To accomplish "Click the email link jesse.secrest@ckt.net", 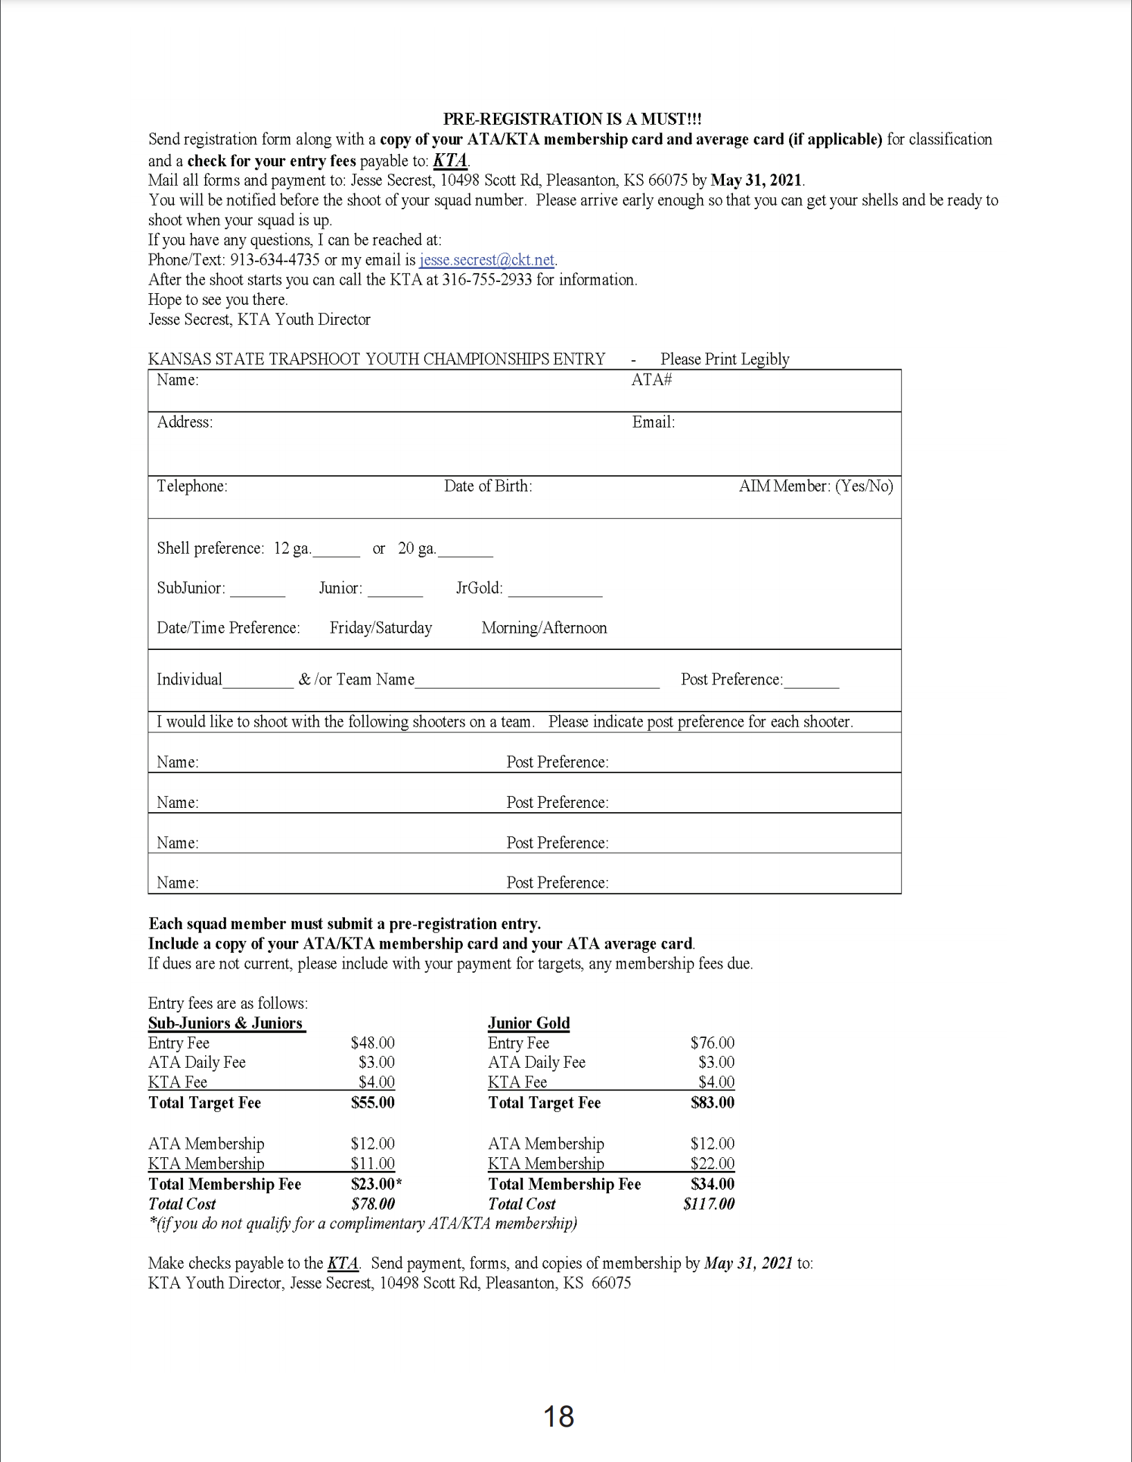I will click(486, 260).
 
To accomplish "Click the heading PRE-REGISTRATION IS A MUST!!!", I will click(572, 119).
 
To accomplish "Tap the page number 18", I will click(558, 1416).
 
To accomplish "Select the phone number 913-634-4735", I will click(275, 260).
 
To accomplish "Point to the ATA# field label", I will click(651, 380).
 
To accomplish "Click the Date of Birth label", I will click(488, 486).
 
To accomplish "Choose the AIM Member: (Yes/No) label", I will click(815, 486).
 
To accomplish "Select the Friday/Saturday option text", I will click(380, 628).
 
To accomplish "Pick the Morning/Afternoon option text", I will click(544, 628).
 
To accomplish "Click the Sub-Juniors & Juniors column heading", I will click(226, 1023).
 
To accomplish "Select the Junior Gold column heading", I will click(529, 1023).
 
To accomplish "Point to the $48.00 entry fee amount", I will click(373, 1043).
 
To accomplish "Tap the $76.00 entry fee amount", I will click(712, 1043).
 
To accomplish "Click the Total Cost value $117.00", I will click(709, 1204).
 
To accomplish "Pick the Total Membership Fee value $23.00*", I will click(376, 1183).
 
